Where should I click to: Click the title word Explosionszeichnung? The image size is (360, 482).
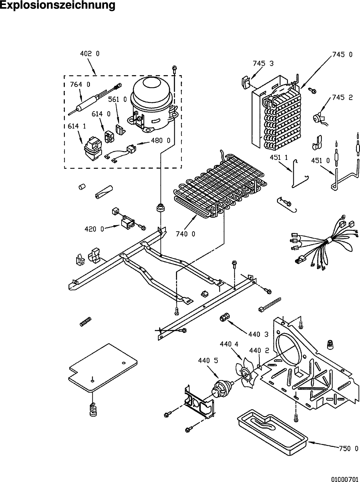pyautogui.click(x=57, y=5)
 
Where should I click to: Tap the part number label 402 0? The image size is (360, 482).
pyautogui.click(x=90, y=54)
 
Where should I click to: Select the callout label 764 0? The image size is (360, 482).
pyautogui.click(x=80, y=84)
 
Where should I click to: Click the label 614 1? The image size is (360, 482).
pyautogui.click(x=77, y=126)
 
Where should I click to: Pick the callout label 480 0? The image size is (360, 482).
pyautogui.click(x=161, y=140)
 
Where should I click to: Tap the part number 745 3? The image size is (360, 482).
pyautogui.click(x=263, y=63)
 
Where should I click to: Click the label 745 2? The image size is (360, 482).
pyautogui.click(x=342, y=98)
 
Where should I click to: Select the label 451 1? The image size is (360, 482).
pyautogui.click(x=279, y=157)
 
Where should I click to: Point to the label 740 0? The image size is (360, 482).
pyautogui.click(x=185, y=234)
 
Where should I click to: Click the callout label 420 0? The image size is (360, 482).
pyautogui.click(x=94, y=229)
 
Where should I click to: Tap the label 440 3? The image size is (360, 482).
pyautogui.click(x=258, y=334)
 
